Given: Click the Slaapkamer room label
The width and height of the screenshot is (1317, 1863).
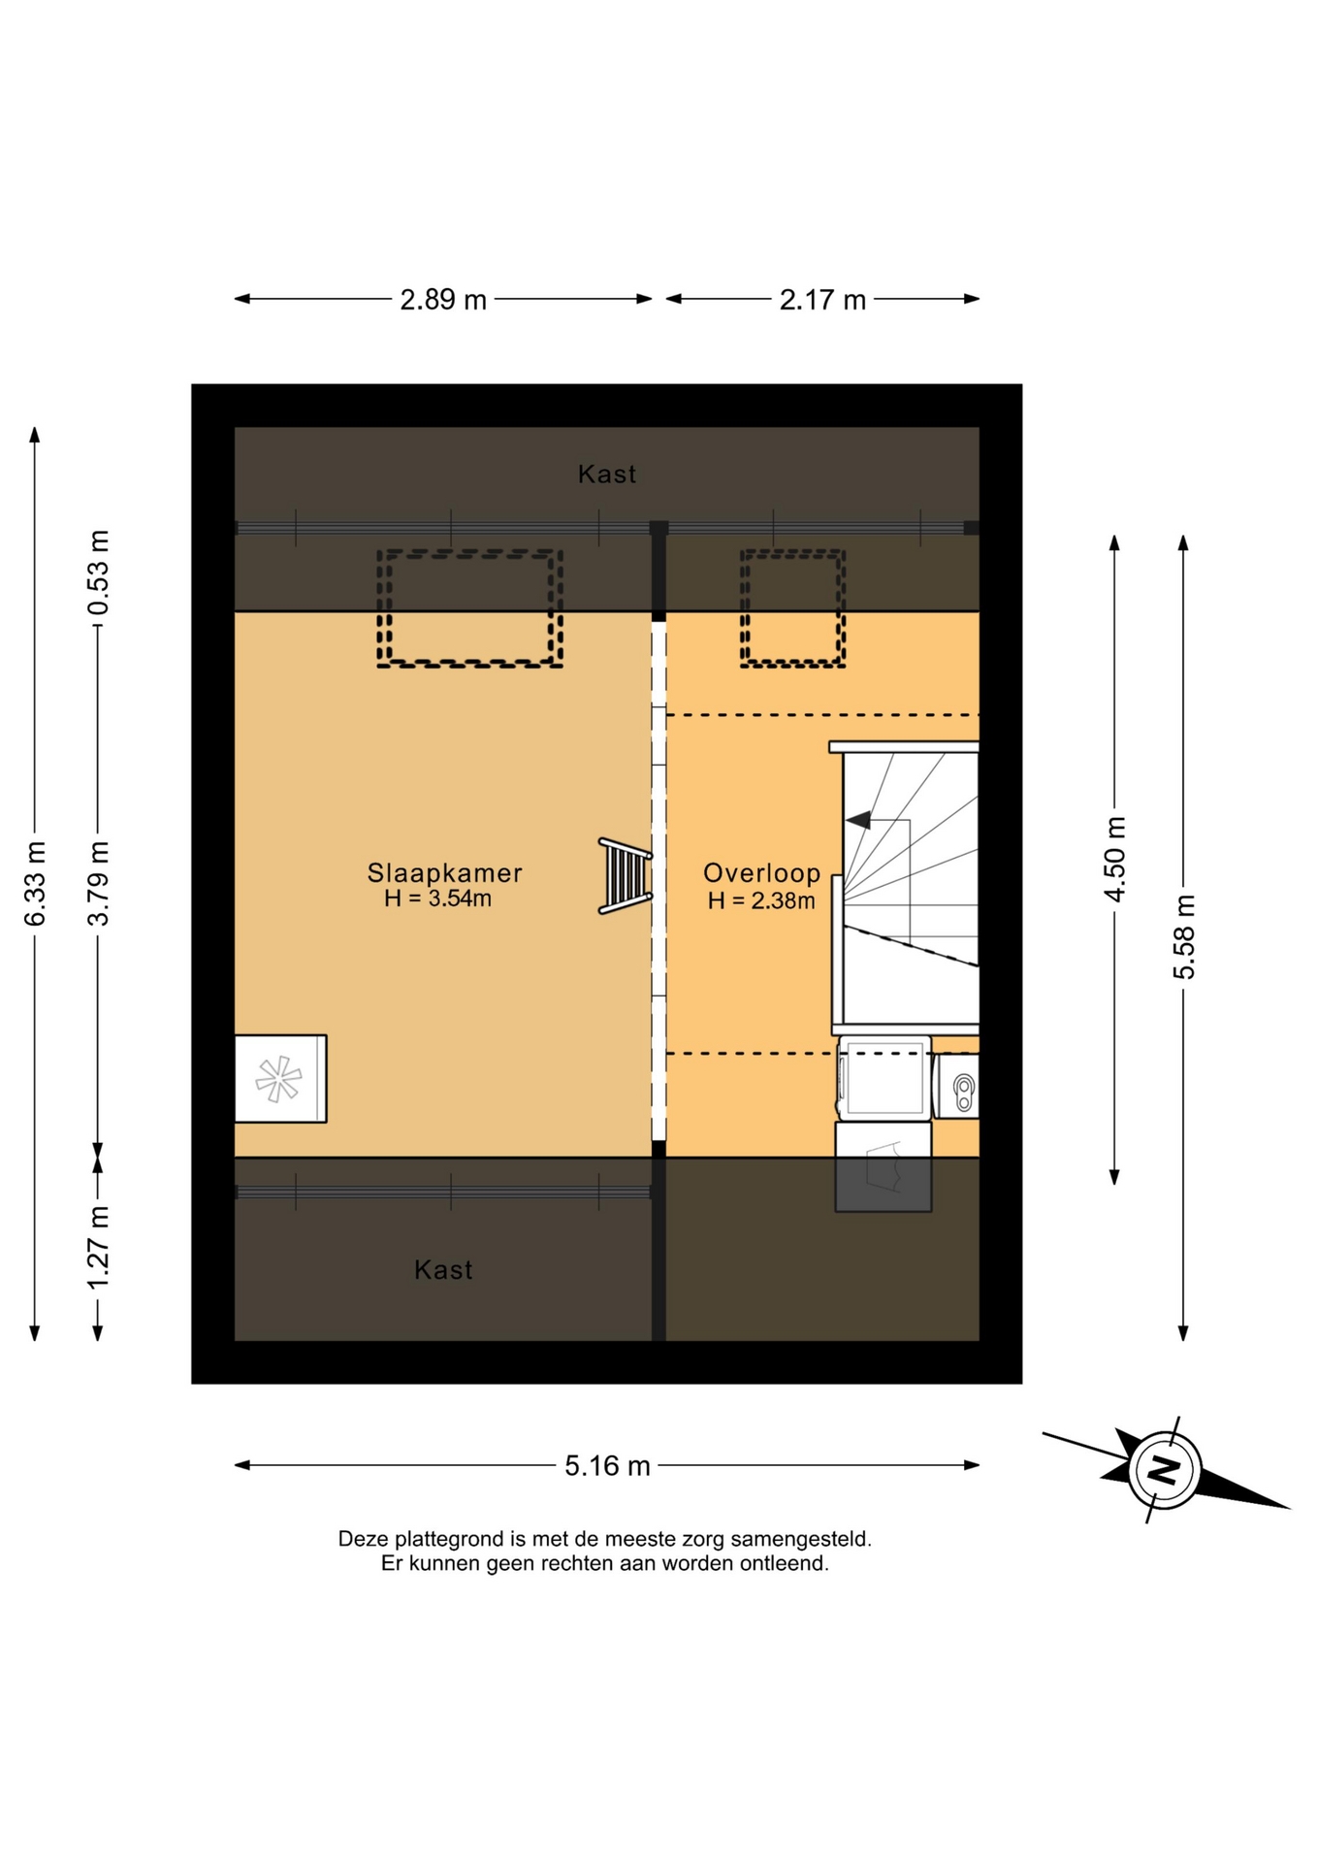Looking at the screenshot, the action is [444, 873].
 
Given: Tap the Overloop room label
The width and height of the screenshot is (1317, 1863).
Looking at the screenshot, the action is [761, 873].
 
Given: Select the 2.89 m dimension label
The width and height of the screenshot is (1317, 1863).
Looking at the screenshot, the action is [443, 300].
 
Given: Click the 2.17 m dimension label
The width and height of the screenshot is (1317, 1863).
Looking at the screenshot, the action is [822, 300].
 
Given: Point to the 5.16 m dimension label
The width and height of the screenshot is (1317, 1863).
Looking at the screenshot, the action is [607, 1465].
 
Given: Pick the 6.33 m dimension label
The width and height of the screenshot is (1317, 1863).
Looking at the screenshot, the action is [35, 884].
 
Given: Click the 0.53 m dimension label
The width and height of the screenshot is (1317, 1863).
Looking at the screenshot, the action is [98, 572].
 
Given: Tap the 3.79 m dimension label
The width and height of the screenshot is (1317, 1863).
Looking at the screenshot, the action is [98, 884].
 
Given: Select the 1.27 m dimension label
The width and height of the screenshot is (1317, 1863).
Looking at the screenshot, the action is [98, 1248].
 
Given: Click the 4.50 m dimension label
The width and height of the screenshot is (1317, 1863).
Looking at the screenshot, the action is [1115, 860].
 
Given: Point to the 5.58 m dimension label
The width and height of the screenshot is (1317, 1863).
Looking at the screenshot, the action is [1184, 937].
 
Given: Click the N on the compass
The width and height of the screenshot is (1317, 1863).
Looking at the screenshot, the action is [1164, 1469].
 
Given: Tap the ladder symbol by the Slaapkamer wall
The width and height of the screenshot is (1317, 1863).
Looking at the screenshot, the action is [625, 876].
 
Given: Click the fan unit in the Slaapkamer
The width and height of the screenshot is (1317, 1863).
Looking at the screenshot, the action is [280, 1079].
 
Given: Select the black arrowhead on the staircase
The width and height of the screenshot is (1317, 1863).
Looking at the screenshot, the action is [857, 821].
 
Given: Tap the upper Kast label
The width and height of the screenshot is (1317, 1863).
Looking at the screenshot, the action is [607, 474].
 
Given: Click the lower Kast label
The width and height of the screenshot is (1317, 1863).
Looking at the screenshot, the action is [443, 1270].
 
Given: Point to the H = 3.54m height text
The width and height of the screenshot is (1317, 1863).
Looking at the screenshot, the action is [437, 899].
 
